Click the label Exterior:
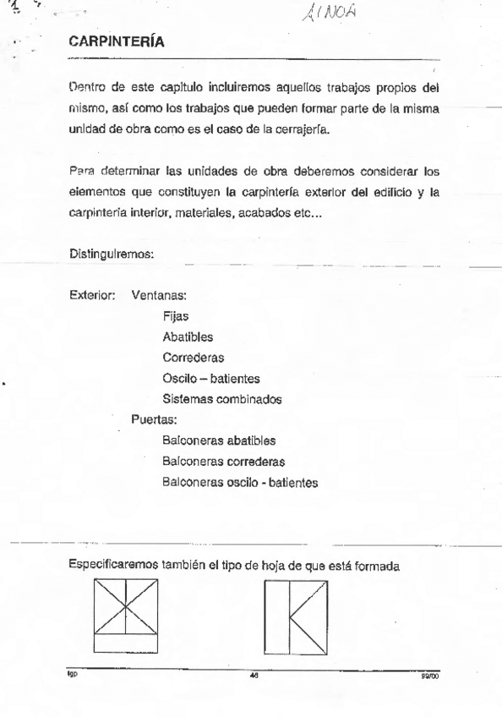pyautogui.click(x=93, y=298)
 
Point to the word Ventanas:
pyautogui.click(x=159, y=298)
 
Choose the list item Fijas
pyautogui.click(x=176, y=318)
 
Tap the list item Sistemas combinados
pyautogui.click(x=221, y=398)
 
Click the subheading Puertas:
pyautogui.click(x=154, y=419)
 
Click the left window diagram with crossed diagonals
pyautogui.click(x=127, y=614)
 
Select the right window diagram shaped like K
pyautogui.click(x=296, y=615)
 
